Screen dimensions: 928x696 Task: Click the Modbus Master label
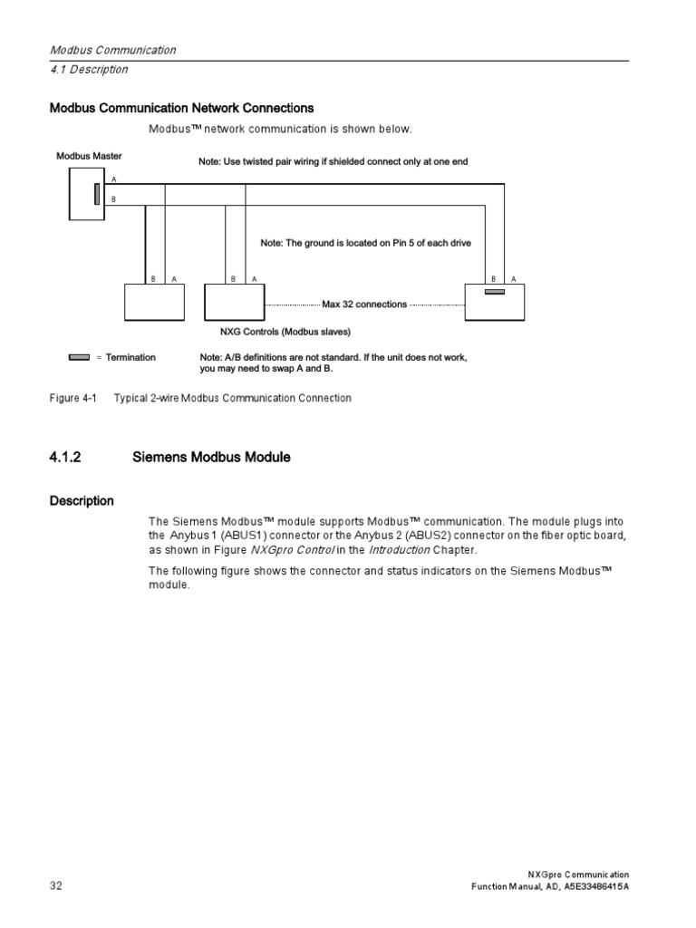pos(89,156)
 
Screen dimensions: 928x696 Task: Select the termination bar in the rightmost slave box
pos(494,292)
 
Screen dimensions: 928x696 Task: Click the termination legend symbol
pos(79,357)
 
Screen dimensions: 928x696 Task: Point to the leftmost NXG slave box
pos(153,302)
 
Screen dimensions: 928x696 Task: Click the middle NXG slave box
pos(234,302)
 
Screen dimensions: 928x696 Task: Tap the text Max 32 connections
pos(364,304)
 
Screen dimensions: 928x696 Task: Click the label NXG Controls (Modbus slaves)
pos(285,332)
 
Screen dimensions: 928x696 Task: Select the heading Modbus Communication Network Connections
pos(181,108)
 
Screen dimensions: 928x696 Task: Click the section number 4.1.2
pos(65,458)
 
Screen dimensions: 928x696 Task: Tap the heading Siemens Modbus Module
pos(211,458)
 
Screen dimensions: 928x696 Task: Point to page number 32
pos(55,885)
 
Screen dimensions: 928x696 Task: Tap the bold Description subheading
pos(82,501)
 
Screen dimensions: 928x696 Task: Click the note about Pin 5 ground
pos(365,243)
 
